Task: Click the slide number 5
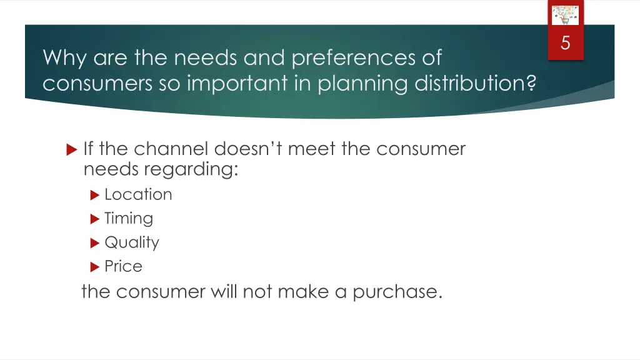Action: point(566,43)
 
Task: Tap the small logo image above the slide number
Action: point(565,14)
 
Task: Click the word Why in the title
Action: point(65,58)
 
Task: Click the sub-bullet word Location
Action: point(138,194)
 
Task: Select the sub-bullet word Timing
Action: point(129,219)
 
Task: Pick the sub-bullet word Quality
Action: point(132,242)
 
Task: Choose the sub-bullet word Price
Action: point(123,266)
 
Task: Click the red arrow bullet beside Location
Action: point(95,195)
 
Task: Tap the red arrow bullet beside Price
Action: point(95,267)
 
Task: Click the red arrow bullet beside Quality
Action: point(95,242)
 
